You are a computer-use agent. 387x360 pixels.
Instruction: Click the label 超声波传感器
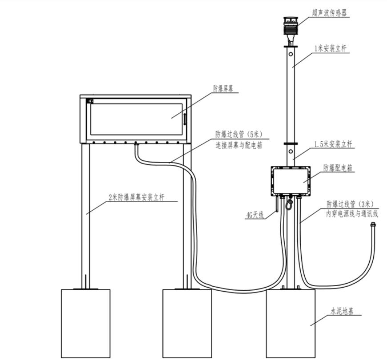(329, 13)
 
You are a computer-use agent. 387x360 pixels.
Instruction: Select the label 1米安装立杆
(331, 48)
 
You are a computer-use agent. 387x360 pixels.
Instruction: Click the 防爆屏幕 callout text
(223, 89)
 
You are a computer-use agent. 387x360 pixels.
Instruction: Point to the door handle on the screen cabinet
(184, 120)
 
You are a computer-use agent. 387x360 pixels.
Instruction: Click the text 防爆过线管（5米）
(239, 134)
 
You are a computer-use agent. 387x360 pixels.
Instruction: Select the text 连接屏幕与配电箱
(239, 146)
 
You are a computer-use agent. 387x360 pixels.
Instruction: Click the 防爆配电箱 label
(338, 168)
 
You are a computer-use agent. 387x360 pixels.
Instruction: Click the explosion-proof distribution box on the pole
(290, 181)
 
